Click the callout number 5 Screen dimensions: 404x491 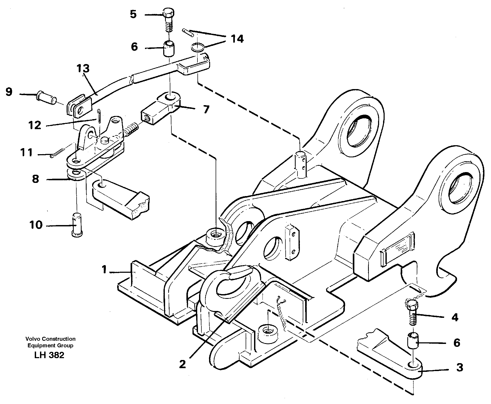pos(133,14)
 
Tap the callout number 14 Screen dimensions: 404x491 pos(237,39)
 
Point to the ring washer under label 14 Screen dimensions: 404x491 pos(197,47)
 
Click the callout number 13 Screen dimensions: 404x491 pos(83,69)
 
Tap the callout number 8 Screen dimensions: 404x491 pos(36,179)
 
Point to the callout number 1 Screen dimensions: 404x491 pos(105,270)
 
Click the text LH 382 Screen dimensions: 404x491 pos(49,355)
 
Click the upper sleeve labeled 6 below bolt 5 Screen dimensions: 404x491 pos(168,48)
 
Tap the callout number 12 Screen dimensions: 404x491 pos(35,125)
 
